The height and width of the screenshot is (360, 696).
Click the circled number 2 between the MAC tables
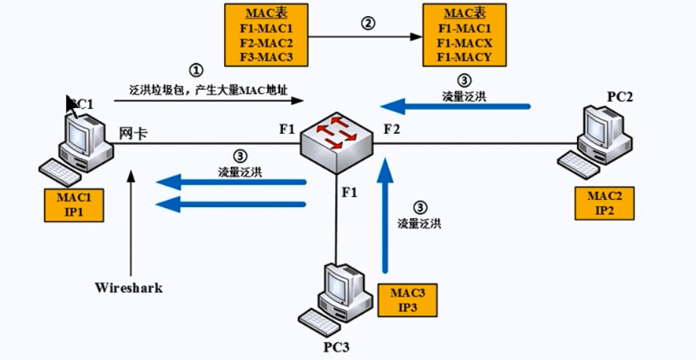(x=367, y=23)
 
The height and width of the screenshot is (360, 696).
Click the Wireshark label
(x=129, y=288)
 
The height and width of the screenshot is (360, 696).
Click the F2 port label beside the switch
(x=391, y=130)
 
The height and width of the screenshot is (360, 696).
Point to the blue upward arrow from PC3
(x=382, y=220)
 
